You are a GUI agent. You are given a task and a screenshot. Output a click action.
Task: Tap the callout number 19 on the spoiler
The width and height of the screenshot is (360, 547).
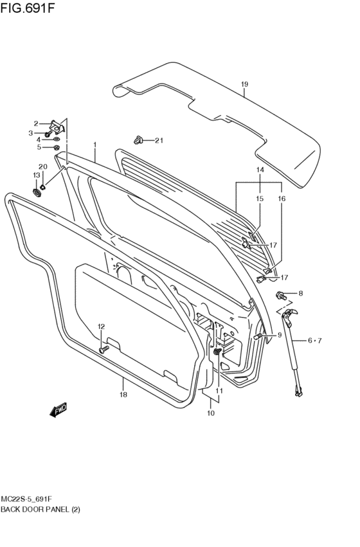coord(244,85)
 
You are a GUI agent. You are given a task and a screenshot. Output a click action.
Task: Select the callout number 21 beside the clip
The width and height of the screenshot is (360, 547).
coord(159,141)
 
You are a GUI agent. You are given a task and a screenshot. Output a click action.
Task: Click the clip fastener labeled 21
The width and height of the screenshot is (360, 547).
coord(138,139)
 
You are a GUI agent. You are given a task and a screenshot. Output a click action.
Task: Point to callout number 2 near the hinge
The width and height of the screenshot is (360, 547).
coord(37,123)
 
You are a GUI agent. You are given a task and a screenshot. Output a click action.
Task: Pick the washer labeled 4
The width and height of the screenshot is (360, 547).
coord(56,139)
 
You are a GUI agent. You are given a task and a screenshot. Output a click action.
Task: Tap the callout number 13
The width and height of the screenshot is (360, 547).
coord(37,175)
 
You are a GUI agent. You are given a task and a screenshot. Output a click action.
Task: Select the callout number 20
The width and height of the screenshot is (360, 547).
coord(43,167)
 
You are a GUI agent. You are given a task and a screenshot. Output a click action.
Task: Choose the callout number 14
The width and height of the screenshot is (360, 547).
coord(260,170)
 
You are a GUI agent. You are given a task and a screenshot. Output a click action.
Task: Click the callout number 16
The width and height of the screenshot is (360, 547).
coord(281,199)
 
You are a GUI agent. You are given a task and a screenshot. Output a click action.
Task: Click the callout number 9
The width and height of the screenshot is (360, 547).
coord(280,335)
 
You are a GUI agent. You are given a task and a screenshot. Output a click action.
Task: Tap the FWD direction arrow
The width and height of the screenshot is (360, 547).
coord(58,409)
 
